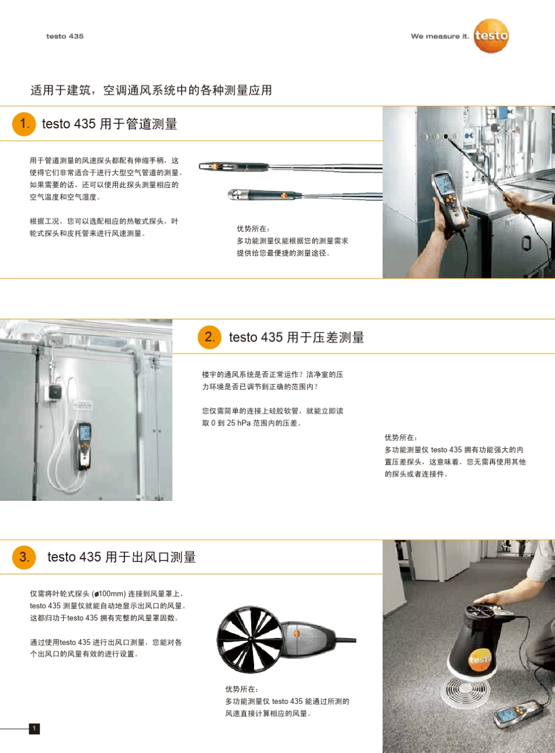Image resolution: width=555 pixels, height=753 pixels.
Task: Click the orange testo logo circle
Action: tap(491, 36)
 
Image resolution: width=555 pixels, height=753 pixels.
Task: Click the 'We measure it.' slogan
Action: tap(439, 36)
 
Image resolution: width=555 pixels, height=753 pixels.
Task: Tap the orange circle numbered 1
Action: tap(24, 124)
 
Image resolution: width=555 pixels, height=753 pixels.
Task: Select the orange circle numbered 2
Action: tap(209, 337)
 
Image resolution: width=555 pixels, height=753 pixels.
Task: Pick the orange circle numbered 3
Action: tap(24, 557)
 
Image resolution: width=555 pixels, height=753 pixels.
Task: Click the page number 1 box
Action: tap(34, 728)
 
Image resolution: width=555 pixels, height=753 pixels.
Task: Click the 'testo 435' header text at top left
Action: tap(65, 36)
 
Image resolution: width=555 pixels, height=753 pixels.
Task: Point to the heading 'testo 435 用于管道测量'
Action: tap(109, 124)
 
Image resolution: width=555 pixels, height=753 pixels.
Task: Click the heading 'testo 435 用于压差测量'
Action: tap(296, 337)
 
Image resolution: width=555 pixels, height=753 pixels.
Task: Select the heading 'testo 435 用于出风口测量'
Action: tap(122, 557)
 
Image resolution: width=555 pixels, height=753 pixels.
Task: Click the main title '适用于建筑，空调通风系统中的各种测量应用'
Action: tap(151, 90)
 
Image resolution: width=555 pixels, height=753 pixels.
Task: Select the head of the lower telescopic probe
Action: tap(238, 194)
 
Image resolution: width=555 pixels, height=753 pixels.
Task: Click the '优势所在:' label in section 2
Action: tap(401, 437)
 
